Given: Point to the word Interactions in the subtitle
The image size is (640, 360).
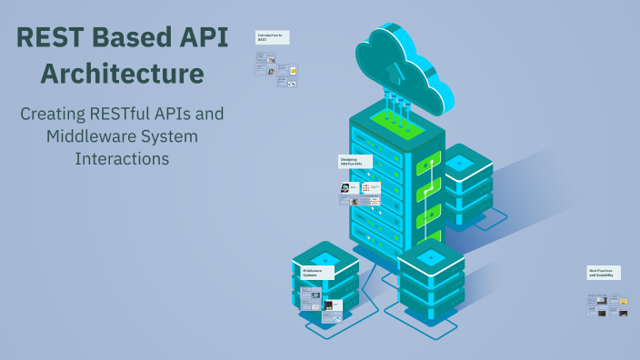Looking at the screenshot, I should click(122, 158).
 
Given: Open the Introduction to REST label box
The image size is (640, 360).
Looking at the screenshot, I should click(272, 37).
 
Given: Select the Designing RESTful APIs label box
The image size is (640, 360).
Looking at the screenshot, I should click(354, 162).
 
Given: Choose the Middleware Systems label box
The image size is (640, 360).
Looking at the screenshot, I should click(315, 272).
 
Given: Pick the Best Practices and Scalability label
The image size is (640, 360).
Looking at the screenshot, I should click(604, 273).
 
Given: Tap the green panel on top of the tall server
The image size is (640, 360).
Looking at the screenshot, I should click(396, 121).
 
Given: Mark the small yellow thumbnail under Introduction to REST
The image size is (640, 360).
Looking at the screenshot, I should click(294, 69).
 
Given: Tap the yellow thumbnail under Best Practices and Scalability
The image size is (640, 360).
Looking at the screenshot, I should click(623, 300).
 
